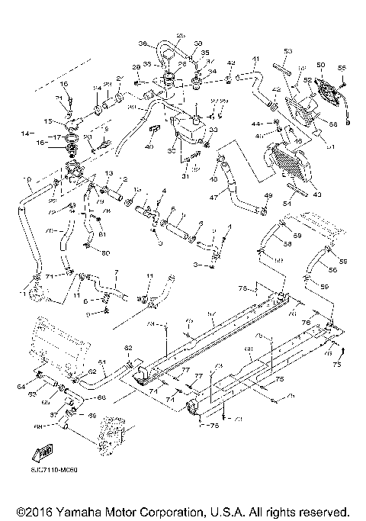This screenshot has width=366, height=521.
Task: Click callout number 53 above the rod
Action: (x=287, y=51)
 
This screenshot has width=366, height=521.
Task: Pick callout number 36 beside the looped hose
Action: (x=143, y=43)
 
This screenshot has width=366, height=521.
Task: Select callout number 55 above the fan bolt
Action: (x=342, y=69)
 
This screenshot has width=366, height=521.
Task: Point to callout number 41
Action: (x=256, y=59)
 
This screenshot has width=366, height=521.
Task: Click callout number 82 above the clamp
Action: (x=128, y=348)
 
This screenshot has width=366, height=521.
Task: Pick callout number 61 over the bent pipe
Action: (x=102, y=362)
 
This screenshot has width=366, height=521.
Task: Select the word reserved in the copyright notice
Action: (x=323, y=510)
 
